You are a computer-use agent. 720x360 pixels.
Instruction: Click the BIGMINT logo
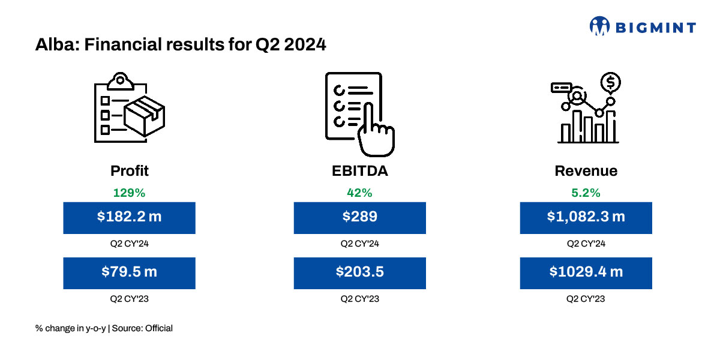643,27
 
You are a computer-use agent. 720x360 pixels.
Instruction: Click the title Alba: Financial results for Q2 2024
181,45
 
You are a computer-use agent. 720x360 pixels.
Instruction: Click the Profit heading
129,171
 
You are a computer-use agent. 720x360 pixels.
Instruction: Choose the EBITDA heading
360,171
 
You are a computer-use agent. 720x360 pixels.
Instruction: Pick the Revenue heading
586,171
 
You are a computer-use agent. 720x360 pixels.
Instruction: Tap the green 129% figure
129,193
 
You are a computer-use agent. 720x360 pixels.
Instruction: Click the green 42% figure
360,193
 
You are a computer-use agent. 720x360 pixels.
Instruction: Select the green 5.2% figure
586,193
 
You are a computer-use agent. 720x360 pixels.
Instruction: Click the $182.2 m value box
129,217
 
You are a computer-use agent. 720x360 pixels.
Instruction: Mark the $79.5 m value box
129,272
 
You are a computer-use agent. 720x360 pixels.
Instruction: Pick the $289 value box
360,217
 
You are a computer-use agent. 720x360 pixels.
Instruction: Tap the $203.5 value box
360,272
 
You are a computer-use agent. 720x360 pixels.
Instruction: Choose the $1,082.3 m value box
586,217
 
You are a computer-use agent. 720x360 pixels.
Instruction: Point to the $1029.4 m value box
586,272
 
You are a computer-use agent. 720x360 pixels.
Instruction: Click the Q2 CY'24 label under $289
360,244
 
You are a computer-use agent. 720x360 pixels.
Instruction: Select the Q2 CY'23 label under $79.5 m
129,299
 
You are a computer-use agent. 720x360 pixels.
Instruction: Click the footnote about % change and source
104,328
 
